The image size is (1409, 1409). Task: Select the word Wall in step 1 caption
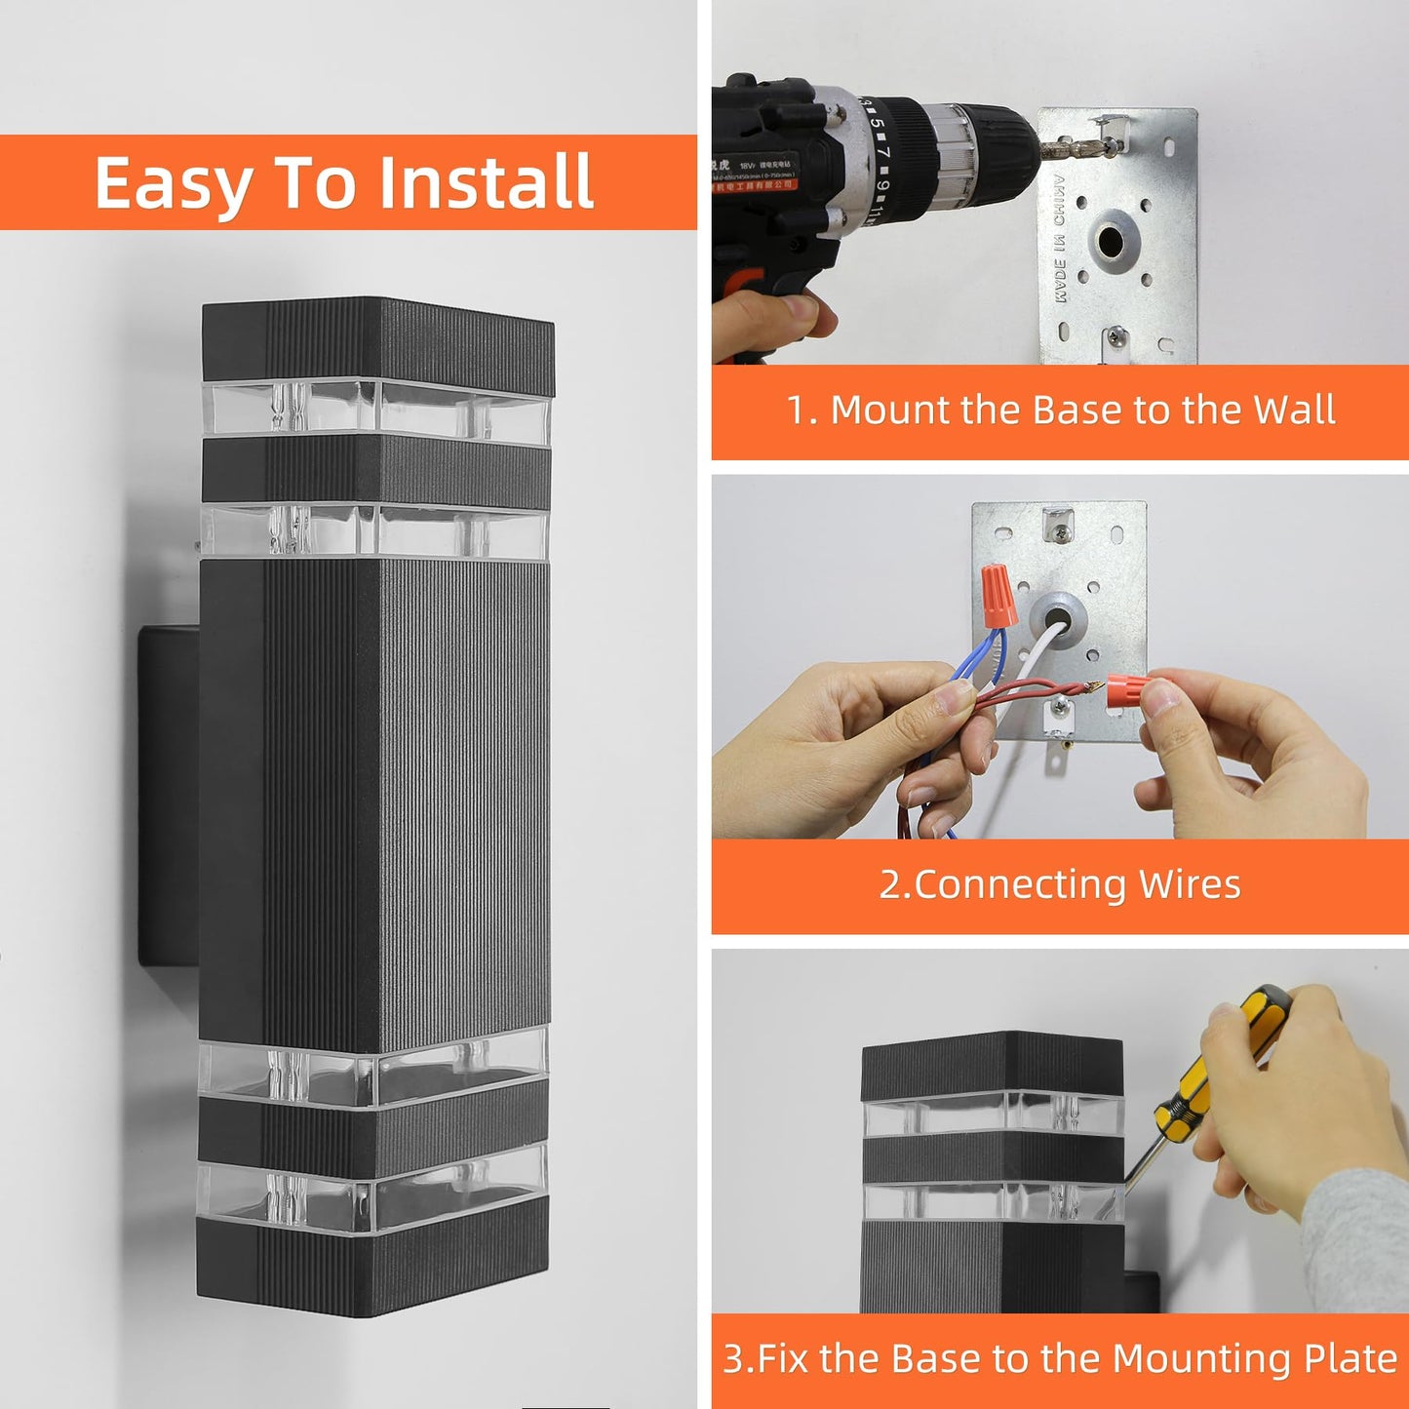[x=1293, y=411]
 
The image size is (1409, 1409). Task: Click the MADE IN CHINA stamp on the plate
[x=1059, y=239]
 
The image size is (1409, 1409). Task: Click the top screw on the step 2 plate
[x=1057, y=532]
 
